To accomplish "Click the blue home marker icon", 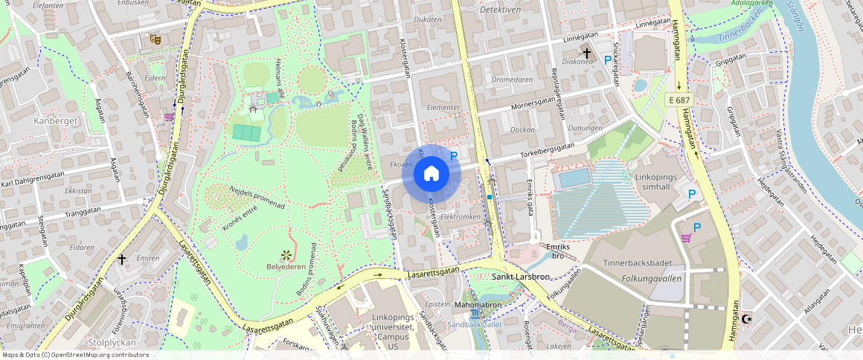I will pos(431,174).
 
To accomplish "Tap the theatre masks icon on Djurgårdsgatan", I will pos(155,39).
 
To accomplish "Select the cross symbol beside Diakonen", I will pos(587,54).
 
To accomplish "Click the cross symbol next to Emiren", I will pos(123,260).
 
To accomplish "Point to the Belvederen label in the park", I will pos(286,266).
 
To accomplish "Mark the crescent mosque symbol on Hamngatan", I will pos(747,319).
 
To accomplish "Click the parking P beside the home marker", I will pos(454,156).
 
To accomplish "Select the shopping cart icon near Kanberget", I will pos(169,116).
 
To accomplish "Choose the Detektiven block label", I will pos(500,10).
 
